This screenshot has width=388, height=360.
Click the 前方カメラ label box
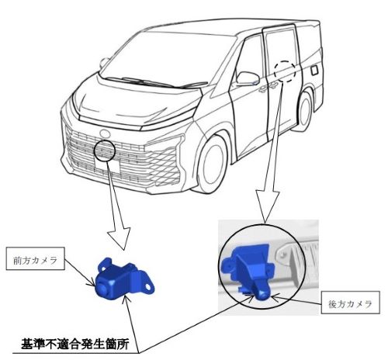point(35,258)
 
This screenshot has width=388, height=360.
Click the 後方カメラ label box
point(351,303)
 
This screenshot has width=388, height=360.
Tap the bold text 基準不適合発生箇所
point(74,344)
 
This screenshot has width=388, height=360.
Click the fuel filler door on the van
point(314,71)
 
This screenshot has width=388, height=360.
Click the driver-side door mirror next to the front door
point(248,78)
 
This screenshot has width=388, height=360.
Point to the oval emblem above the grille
point(105,133)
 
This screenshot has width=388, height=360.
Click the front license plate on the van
point(107,166)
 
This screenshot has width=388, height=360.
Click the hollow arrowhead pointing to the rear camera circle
point(268,205)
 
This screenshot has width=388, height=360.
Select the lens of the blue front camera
point(101,289)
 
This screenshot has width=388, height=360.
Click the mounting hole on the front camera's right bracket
point(148,286)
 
